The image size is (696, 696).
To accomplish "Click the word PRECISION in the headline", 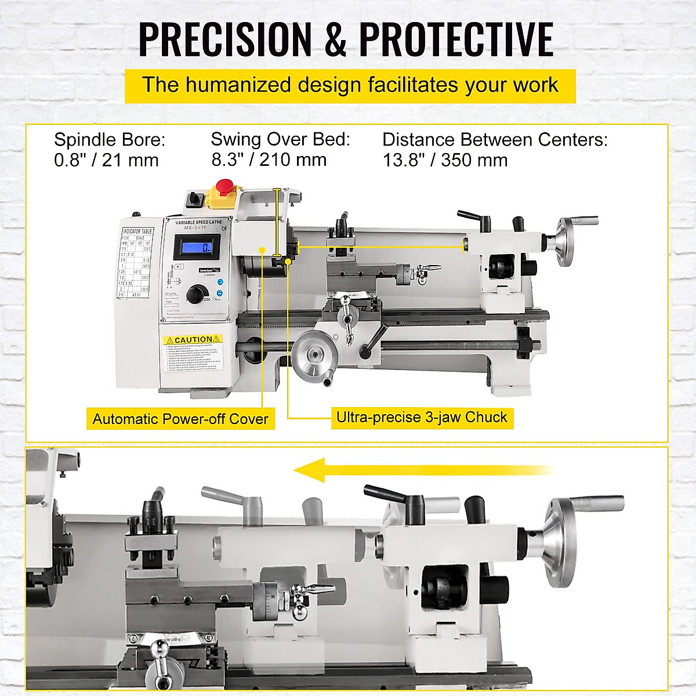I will pos(225,39).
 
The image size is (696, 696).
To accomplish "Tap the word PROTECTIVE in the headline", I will pos(456,39).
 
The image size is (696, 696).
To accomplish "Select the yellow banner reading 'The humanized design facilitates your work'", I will pos(350,85).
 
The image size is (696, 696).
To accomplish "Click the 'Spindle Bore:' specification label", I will pos(110,140).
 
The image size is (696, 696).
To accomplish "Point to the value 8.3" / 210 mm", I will pos(269,159).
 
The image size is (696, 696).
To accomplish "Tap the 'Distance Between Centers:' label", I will pos(495,140).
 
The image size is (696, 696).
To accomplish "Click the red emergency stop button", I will pos(225,187).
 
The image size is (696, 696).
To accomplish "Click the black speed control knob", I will pos(195,295).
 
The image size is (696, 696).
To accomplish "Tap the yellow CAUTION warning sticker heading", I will pos(192,339).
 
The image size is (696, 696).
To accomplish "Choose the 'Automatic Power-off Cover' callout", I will pos(180,419).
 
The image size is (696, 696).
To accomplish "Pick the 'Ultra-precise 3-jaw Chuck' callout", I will pos(422,417).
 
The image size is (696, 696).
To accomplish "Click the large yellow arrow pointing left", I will pos(423,470).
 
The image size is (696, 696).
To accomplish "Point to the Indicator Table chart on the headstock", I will pos(137,264).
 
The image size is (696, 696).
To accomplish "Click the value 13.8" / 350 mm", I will pos(445,160).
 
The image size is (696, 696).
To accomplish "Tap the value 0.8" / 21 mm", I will pos(106,160).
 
